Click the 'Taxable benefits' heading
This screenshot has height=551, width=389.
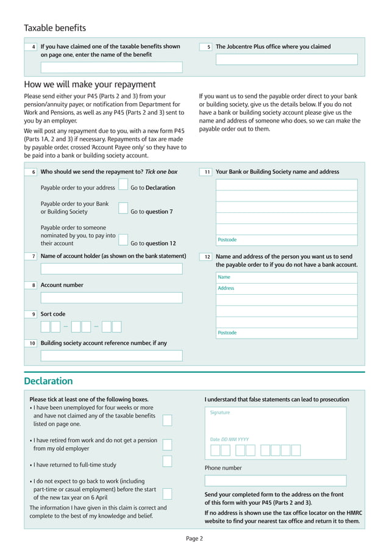pyautogui.click(x=55, y=27)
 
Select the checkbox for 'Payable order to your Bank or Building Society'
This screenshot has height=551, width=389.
pyautogui.click(x=123, y=208)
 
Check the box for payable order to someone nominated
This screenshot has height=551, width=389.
pyautogui.click(x=123, y=239)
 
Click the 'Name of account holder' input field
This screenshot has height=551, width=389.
pyautogui.click(x=112, y=268)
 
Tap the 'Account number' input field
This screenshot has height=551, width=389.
pyautogui.click(x=112, y=298)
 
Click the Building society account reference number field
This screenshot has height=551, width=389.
pyautogui.click(x=112, y=356)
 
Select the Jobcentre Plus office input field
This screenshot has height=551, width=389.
pyautogui.click(x=287, y=60)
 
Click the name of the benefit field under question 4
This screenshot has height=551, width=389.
pyautogui.click(x=112, y=67)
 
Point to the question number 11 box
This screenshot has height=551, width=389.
pyautogui.click(x=206, y=172)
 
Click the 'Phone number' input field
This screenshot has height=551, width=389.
pyautogui.click(x=275, y=481)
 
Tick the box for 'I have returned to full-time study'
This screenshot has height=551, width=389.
pyautogui.click(x=167, y=461)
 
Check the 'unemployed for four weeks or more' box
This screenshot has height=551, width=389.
pyautogui.click(x=167, y=420)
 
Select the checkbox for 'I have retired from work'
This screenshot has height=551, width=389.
pyautogui.click(x=167, y=444)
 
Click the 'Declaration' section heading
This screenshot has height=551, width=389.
pyautogui.click(x=48, y=381)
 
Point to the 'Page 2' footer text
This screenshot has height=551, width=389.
pyautogui.click(x=194, y=538)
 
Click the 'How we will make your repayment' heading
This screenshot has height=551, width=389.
pyautogui.click(x=90, y=84)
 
